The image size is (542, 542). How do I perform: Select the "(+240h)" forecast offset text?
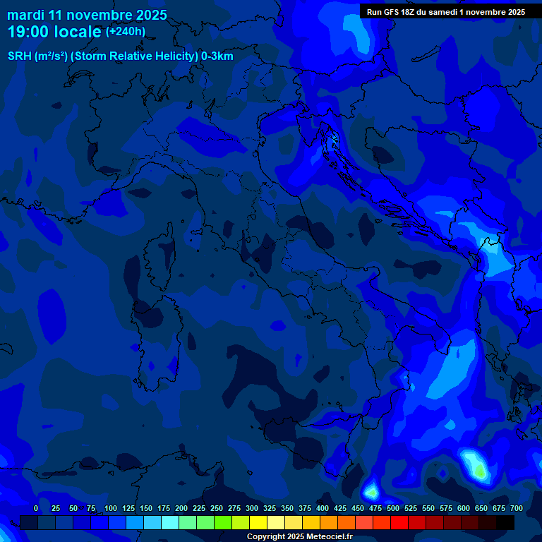click(125, 32)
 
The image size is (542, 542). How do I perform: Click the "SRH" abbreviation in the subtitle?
click(19, 56)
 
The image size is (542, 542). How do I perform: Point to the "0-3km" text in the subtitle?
click(217, 56)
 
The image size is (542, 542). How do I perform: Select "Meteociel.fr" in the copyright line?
click(330, 537)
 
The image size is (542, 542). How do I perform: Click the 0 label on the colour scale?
click(36, 508)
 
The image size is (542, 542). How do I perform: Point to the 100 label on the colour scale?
click(111, 508)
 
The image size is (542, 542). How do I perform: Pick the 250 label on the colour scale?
click(217, 508)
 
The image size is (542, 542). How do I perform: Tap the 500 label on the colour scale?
click(393, 508)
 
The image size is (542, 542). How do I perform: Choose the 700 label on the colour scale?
click(517, 508)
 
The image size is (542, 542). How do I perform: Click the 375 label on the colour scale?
click(305, 508)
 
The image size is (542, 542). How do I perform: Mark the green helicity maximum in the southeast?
click(479, 469)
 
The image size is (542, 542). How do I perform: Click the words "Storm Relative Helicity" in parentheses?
click(133, 56)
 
